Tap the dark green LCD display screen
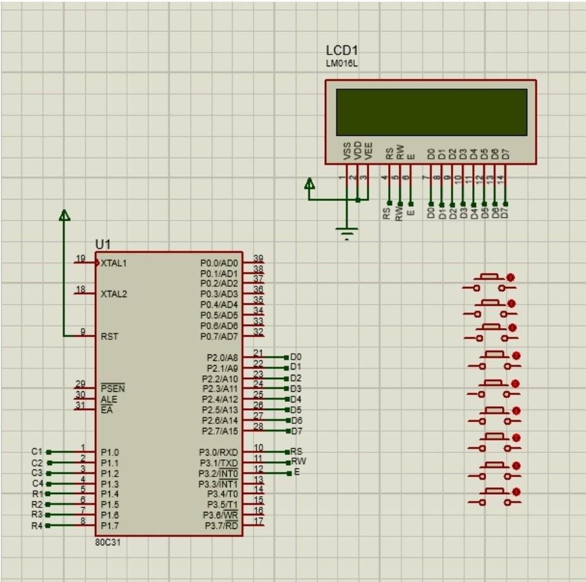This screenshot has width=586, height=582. (x=431, y=112)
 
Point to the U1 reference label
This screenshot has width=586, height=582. (x=102, y=245)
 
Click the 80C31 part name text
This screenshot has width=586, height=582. (x=108, y=543)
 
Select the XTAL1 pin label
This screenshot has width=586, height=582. (x=114, y=263)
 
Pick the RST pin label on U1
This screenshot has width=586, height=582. (x=109, y=337)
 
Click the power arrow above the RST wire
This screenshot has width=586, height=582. (x=64, y=216)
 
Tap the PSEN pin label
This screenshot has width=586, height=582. (x=112, y=388)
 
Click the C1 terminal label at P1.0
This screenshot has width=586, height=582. (x=36, y=452)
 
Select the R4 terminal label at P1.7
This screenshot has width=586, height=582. (x=36, y=525)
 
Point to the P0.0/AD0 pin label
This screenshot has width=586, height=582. (x=219, y=263)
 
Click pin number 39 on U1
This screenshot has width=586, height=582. (x=258, y=258)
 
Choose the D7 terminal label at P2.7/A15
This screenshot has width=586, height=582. (x=296, y=431)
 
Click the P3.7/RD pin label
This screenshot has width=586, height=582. (x=221, y=526)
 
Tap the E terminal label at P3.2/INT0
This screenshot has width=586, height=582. (x=296, y=473)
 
